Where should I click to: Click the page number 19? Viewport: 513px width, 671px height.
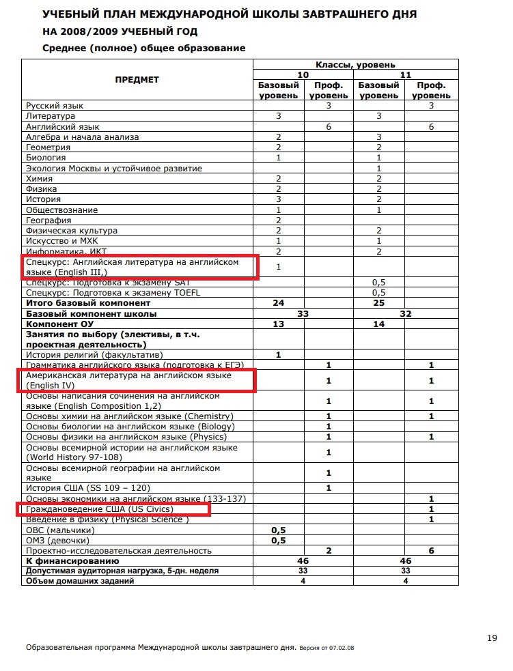[x=492, y=638]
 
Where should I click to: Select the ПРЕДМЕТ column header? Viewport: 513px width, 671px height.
[x=137, y=80]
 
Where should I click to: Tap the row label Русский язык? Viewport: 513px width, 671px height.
[x=55, y=106]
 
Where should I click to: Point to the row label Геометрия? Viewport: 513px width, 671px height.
[x=48, y=147]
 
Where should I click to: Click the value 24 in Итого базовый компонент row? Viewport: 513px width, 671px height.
[x=279, y=302]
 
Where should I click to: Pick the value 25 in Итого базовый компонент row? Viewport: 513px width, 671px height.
[x=378, y=302]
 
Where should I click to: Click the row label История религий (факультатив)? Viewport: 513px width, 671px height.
[x=94, y=355]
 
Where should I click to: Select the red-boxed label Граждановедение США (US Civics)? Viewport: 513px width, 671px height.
[x=100, y=509]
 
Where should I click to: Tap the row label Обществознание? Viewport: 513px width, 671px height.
[x=61, y=210]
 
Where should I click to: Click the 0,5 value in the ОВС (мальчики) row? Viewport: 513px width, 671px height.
[x=278, y=530]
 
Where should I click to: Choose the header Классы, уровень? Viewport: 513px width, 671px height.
[x=355, y=64]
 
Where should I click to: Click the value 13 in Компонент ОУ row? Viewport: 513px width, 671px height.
[x=279, y=324]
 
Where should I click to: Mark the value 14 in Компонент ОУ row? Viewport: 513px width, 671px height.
[x=378, y=324]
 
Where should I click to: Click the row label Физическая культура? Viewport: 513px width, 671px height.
[x=72, y=231]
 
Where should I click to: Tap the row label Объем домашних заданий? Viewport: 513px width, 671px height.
[x=80, y=581]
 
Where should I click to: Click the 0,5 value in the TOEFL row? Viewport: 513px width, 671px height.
[x=379, y=292]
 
